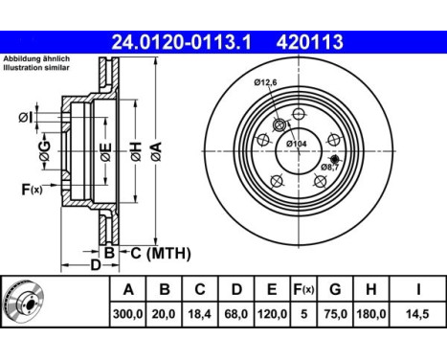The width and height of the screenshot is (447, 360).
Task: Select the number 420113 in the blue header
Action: point(310,42)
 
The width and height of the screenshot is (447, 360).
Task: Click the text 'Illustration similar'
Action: point(35,68)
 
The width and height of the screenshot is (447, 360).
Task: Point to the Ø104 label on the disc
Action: point(297,144)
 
